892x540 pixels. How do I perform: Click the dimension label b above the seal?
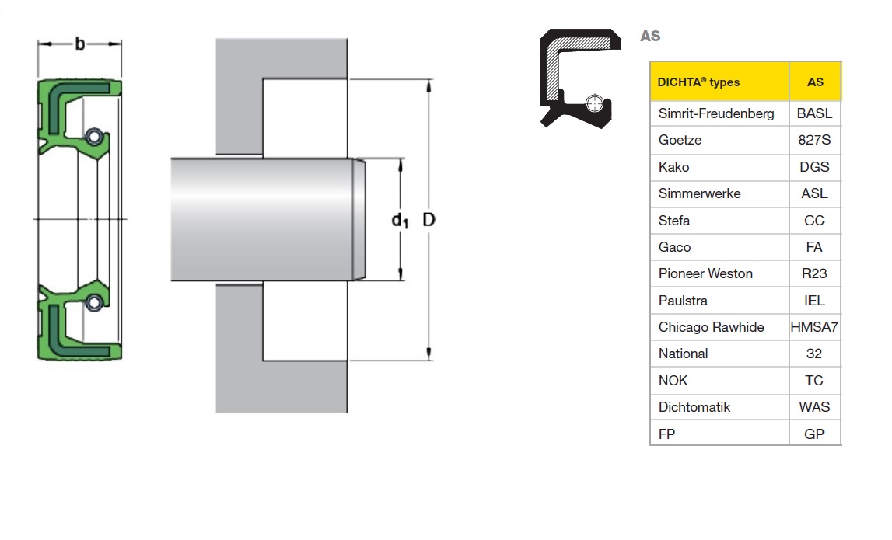[79, 44]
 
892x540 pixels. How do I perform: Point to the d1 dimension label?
[400, 221]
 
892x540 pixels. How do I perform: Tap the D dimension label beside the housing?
[429, 219]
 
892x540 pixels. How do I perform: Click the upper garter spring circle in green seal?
[94, 137]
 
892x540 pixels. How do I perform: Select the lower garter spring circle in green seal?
[94, 302]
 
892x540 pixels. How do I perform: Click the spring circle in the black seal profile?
[594, 103]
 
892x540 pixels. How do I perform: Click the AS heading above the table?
[650, 36]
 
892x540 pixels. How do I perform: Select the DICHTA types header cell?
[719, 82]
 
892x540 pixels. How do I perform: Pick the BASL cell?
[815, 113]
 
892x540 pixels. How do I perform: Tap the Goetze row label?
[680, 140]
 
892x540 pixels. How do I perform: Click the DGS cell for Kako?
[815, 166]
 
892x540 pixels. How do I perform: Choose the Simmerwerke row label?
[700, 193]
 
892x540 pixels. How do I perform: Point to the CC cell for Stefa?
[815, 220]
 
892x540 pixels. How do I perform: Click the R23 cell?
[815, 273]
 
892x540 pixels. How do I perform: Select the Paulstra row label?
[684, 300]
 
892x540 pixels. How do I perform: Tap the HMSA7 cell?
[815, 327]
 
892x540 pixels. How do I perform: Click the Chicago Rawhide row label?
[711, 327]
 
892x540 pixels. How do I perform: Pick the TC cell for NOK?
[815, 380]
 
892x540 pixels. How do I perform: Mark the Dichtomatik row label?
[694, 407]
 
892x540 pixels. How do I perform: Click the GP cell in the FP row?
[815, 434]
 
